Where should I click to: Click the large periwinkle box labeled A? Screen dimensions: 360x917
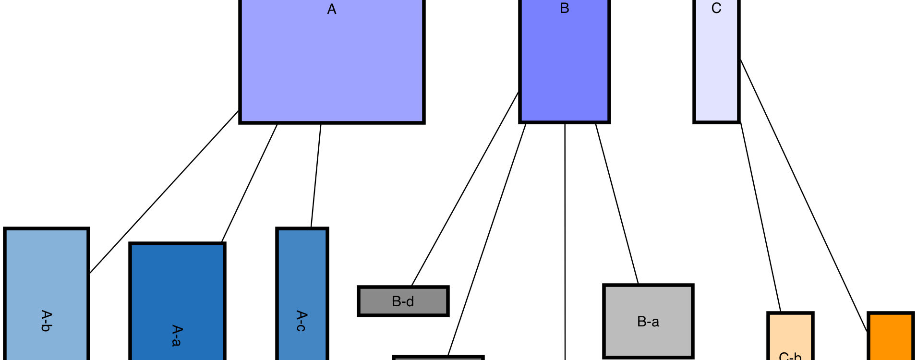[x=331, y=62]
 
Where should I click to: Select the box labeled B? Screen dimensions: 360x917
[x=564, y=62]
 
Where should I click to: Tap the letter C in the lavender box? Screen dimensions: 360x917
[x=716, y=9]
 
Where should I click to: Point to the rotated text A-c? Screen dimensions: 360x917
[x=302, y=321]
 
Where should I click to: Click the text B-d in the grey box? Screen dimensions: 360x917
[x=403, y=301]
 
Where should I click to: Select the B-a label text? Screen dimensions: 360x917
[x=648, y=322]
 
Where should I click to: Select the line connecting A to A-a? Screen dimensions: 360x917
[x=250, y=183]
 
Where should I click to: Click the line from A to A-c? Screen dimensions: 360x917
[x=316, y=176]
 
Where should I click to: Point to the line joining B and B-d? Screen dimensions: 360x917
[x=465, y=189]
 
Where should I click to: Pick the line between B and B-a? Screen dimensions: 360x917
[x=617, y=204]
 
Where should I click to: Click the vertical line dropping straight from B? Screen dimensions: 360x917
[x=565, y=240]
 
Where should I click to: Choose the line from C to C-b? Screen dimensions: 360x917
[x=760, y=217]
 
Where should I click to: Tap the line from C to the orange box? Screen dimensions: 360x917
[x=804, y=196]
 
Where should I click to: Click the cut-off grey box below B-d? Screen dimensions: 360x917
[x=438, y=358]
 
